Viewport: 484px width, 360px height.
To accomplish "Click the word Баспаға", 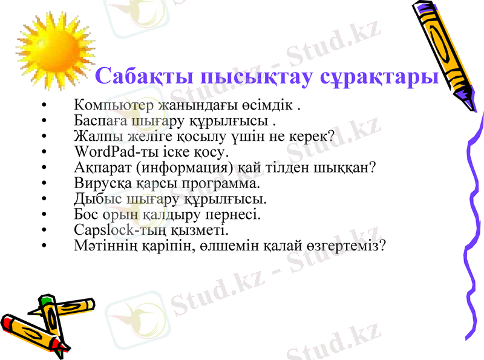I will pos(96,121).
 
